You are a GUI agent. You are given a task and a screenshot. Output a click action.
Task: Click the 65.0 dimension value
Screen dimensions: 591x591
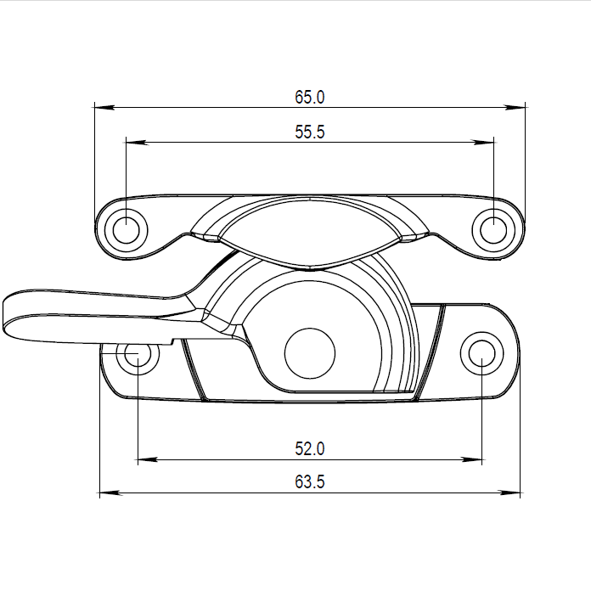[310, 97]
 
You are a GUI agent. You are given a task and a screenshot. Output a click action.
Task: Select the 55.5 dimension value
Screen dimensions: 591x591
[310, 132]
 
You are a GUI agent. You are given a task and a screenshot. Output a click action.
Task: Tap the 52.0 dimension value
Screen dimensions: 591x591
[310, 449]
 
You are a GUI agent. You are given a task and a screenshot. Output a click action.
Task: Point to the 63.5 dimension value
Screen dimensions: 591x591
[310, 481]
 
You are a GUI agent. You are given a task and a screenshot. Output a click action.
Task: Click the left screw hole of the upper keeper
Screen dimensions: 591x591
[127, 228]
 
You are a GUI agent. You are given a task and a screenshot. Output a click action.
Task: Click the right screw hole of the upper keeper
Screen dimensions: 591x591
[493, 228]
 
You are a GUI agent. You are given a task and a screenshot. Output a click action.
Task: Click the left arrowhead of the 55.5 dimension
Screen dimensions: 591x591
[134, 143]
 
